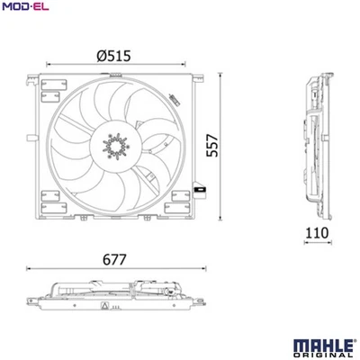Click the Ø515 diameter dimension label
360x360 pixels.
click(x=114, y=55)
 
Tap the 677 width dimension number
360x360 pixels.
click(x=114, y=259)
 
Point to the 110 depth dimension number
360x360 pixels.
click(x=316, y=233)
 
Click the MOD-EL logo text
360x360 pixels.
click(x=23, y=7)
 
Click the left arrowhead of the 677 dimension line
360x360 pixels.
click(x=29, y=270)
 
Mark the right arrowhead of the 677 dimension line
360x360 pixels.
click(x=203, y=270)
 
